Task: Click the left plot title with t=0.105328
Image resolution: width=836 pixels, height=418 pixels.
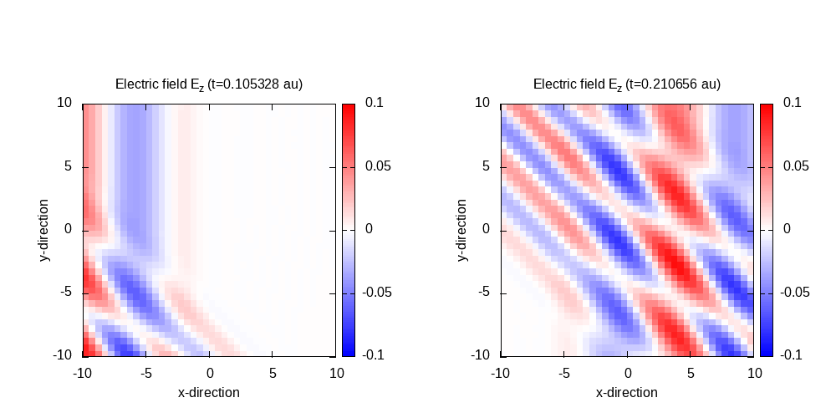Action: tap(208, 84)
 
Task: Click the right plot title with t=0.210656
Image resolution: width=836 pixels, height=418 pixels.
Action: tap(626, 84)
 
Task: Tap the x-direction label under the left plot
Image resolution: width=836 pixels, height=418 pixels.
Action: tap(208, 392)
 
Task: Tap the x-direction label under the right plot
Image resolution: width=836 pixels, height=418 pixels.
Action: tap(626, 392)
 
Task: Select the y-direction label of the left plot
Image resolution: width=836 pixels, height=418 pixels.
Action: tap(45, 230)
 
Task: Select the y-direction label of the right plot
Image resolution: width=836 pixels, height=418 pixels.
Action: tap(463, 230)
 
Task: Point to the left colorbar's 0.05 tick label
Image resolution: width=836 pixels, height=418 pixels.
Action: tap(378, 166)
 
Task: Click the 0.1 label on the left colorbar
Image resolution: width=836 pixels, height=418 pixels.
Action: tap(374, 103)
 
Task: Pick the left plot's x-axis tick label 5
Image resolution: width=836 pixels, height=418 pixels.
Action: tap(272, 373)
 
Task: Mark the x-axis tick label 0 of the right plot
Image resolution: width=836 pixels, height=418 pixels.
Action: tap(628, 373)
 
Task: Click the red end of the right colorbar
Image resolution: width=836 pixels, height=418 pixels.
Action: tap(766, 109)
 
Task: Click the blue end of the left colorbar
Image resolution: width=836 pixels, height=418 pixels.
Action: tap(349, 350)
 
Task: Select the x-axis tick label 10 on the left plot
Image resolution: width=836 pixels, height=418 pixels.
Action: tap(334, 373)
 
